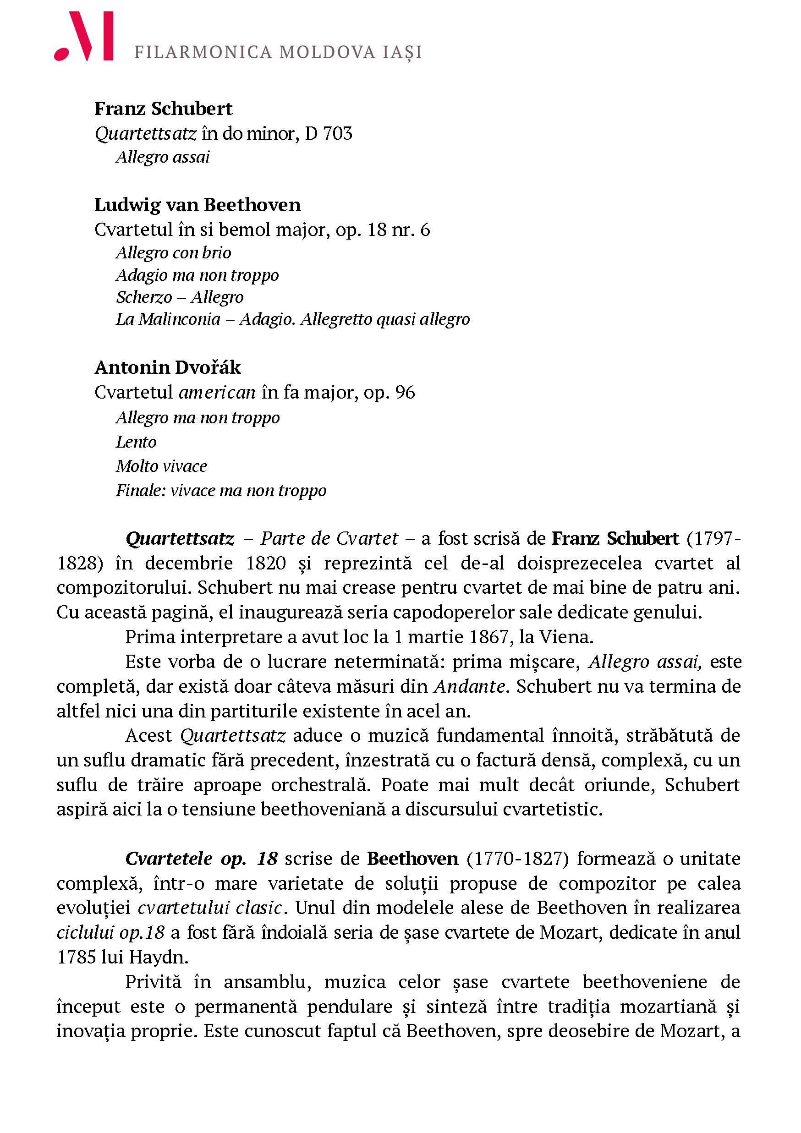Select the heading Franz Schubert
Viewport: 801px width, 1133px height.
163,109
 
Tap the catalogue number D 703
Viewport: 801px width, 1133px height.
328,133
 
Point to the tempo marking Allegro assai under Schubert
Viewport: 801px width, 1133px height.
163,157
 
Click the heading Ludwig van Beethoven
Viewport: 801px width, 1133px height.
198,205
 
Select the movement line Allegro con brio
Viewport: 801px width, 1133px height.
173,252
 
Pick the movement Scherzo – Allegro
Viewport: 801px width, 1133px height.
180,297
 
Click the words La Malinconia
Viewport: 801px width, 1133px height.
168,319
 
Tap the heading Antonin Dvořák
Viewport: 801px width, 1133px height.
168,367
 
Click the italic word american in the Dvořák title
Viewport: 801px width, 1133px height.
217,392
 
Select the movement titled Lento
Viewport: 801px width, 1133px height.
136,442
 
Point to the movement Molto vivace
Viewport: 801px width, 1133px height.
161,466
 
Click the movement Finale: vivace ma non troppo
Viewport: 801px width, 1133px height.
221,491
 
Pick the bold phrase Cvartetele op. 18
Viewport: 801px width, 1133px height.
201,859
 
